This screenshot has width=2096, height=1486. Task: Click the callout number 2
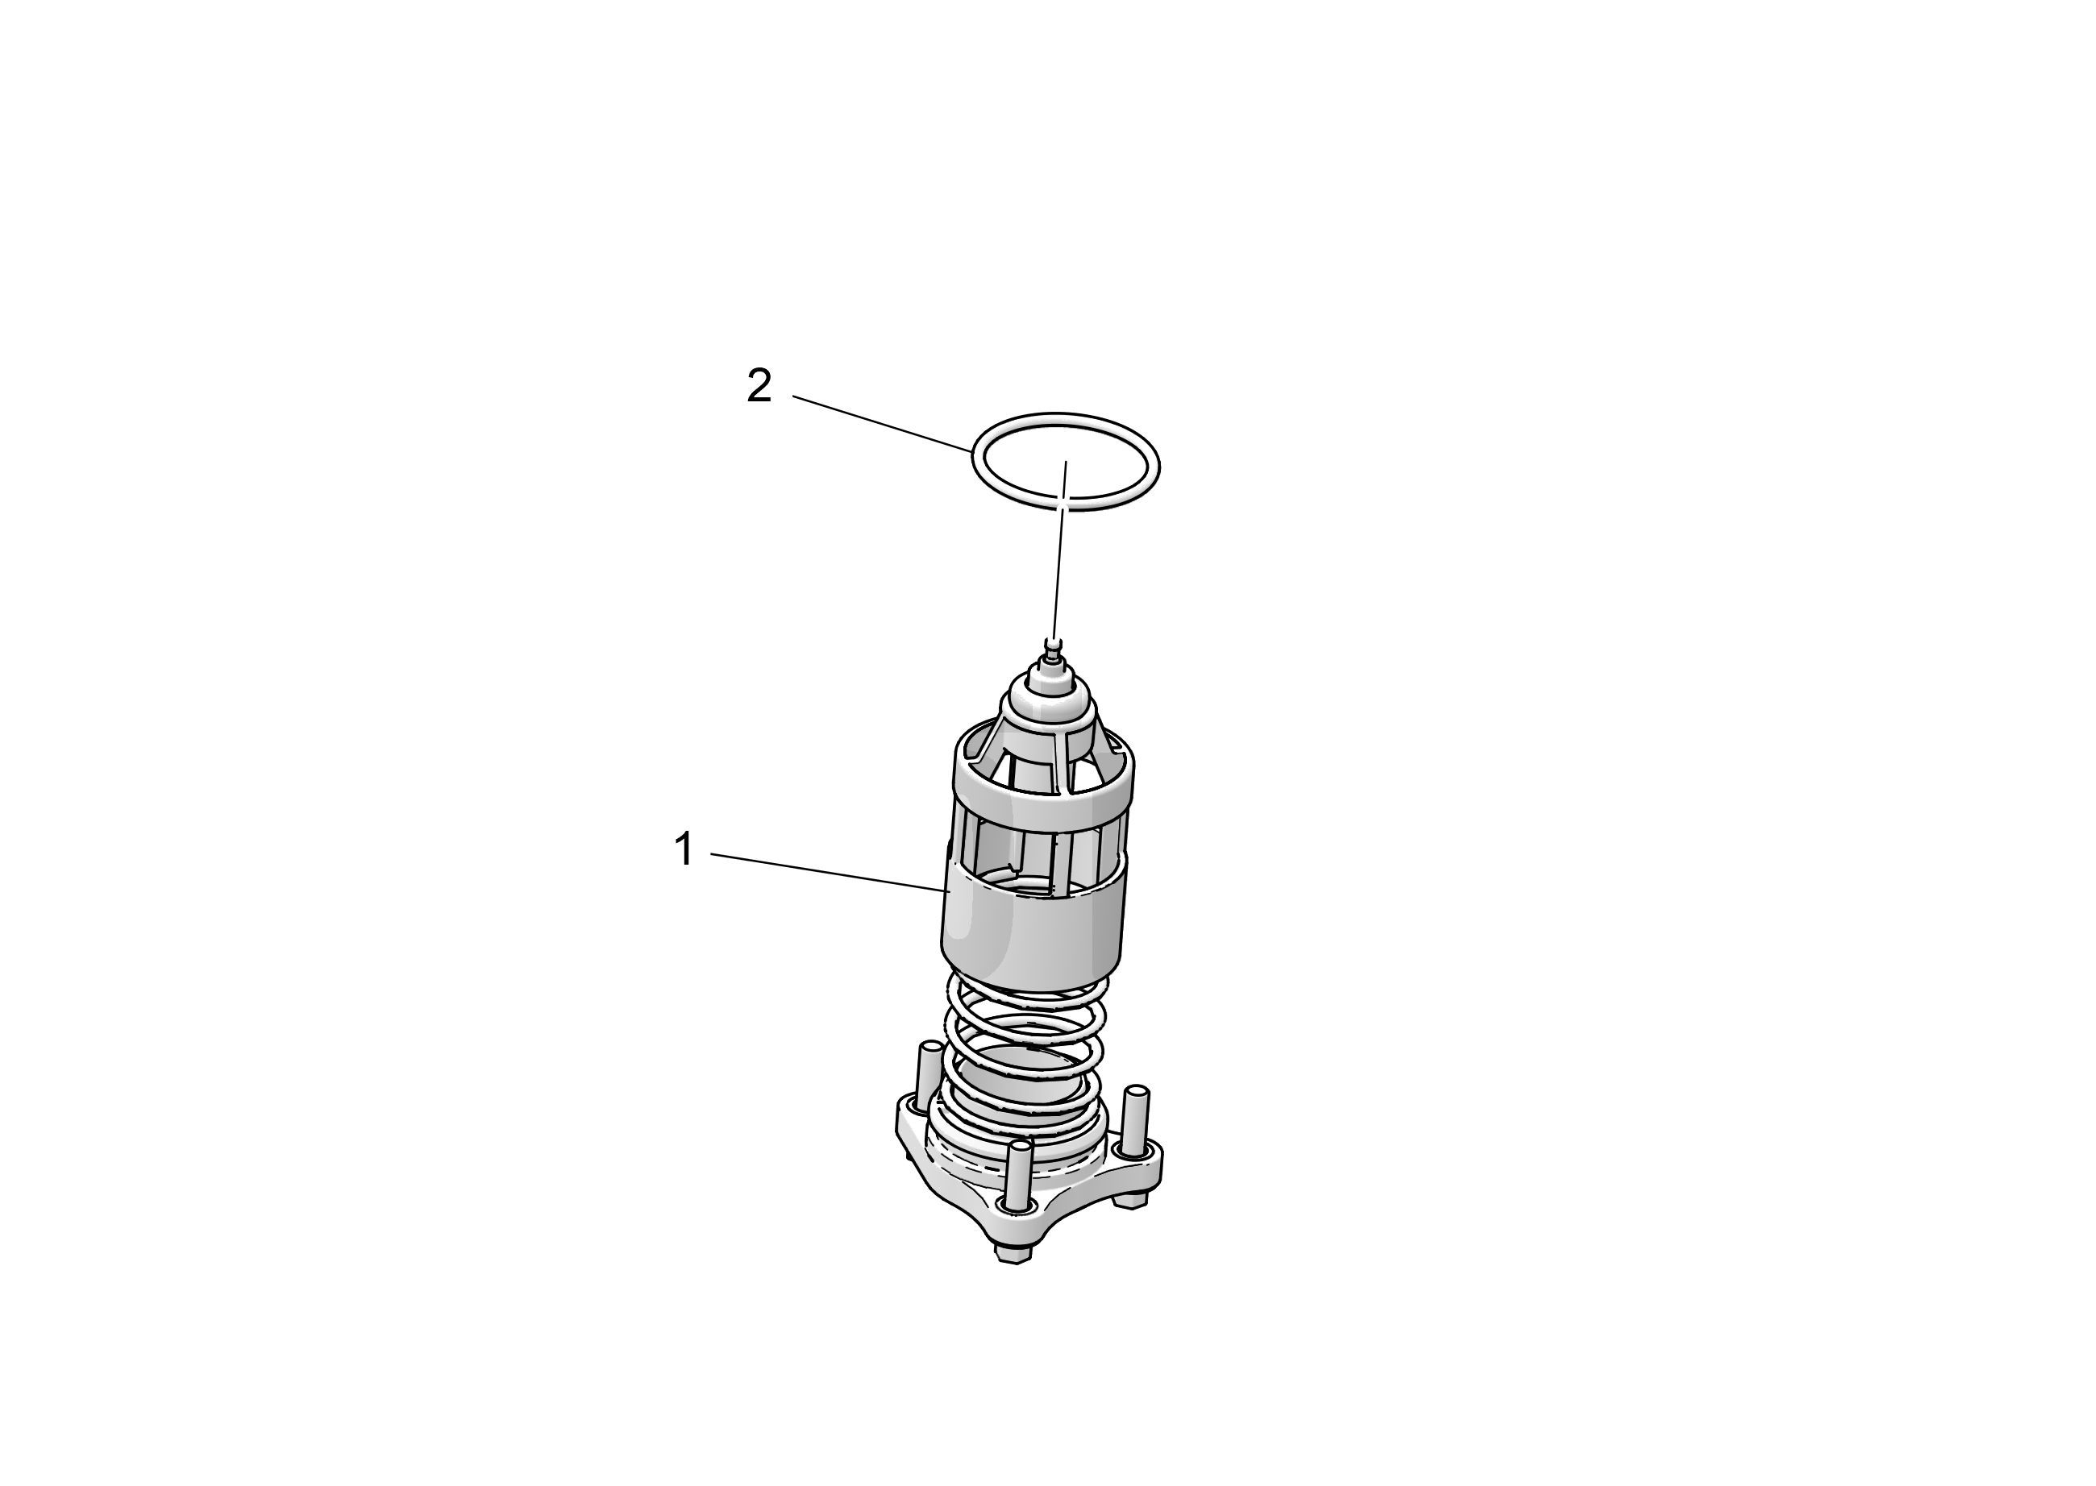[759, 386]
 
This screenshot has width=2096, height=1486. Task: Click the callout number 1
[684, 850]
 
